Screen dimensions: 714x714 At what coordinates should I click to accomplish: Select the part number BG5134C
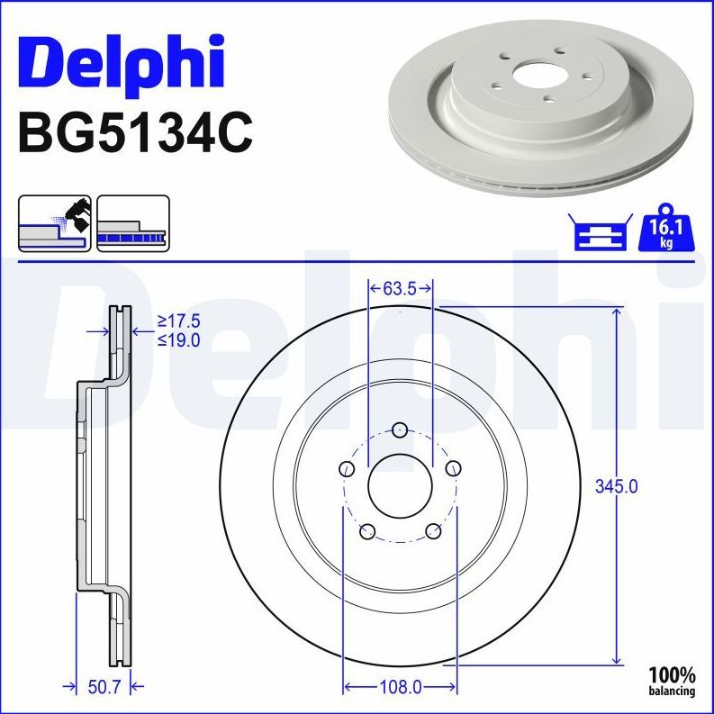pyautogui.click(x=135, y=133)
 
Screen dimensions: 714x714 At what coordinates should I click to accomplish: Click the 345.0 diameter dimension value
pyautogui.click(x=617, y=486)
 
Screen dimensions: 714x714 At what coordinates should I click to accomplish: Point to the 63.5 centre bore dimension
pyautogui.click(x=401, y=289)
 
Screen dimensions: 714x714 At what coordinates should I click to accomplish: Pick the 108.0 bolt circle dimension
pyautogui.click(x=399, y=687)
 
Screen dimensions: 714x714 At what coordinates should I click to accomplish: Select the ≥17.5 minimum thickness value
pyautogui.click(x=178, y=321)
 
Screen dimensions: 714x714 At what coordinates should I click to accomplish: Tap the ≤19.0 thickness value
pyautogui.click(x=178, y=339)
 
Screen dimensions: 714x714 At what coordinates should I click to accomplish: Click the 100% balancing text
pyautogui.click(x=672, y=681)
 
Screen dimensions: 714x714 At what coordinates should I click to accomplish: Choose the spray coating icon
pyautogui.click(x=54, y=222)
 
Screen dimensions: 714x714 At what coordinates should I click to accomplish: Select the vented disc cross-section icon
pyautogui.click(x=133, y=222)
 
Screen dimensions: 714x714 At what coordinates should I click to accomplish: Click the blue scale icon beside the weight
pyautogui.click(x=599, y=232)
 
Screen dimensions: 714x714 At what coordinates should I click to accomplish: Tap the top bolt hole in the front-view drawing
pyautogui.click(x=401, y=429)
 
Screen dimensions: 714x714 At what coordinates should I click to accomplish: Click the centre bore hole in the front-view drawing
pyautogui.click(x=401, y=486)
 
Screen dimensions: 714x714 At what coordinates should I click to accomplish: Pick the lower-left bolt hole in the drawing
pyautogui.click(x=367, y=531)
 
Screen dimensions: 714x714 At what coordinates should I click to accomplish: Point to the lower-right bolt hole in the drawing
pyautogui.click(x=433, y=531)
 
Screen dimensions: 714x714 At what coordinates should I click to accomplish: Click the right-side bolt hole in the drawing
pyautogui.click(x=454, y=467)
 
